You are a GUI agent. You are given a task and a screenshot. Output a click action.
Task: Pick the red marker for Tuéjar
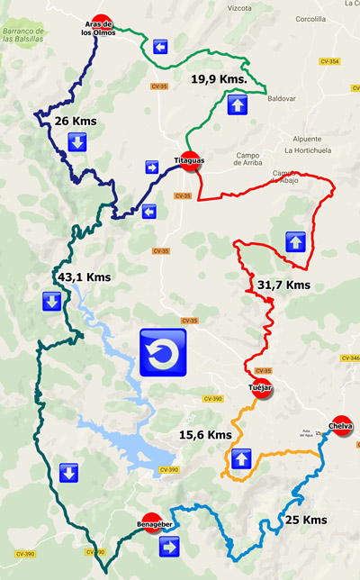pyautogui.click(x=261, y=389)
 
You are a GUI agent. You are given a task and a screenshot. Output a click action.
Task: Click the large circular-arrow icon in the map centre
pyautogui.click(x=163, y=352)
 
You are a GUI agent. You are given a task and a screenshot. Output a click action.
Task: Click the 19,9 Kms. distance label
pyautogui.click(x=219, y=79)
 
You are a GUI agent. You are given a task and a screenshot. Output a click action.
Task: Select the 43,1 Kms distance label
pyautogui.click(x=84, y=277)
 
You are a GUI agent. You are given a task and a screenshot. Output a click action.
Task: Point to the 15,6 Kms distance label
pyautogui.click(x=206, y=435)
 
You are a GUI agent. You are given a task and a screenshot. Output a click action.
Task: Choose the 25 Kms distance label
pyautogui.click(x=306, y=520)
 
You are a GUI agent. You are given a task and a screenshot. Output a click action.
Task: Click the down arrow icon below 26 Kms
pyautogui.click(x=76, y=142)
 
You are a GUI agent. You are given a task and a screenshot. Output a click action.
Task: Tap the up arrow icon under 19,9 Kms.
pyautogui.click(x=238, y=105)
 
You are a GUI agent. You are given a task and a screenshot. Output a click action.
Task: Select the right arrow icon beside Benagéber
pyautogui.click(x=169, y=547)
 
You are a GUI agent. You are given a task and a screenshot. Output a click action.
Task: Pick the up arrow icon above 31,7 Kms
pyautogui.click(x=295, y=241)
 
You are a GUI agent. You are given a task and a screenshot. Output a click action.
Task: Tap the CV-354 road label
pyautogui.click(x=328, y=61)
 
